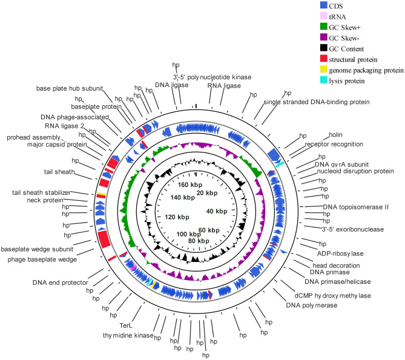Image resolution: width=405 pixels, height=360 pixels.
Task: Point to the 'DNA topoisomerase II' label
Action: point(355,207)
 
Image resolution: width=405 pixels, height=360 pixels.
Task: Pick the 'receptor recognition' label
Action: point(334,144)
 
